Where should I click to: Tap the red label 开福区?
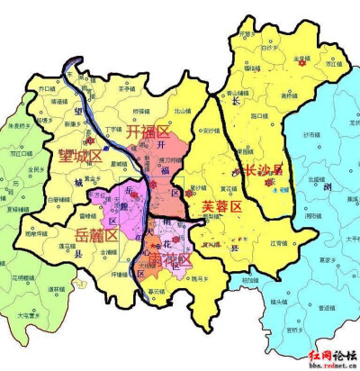click(148, 132)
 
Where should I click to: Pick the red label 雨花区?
click(169, 258)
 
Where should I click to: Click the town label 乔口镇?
click(49, 89)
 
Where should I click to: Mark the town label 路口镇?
click(258, 115)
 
